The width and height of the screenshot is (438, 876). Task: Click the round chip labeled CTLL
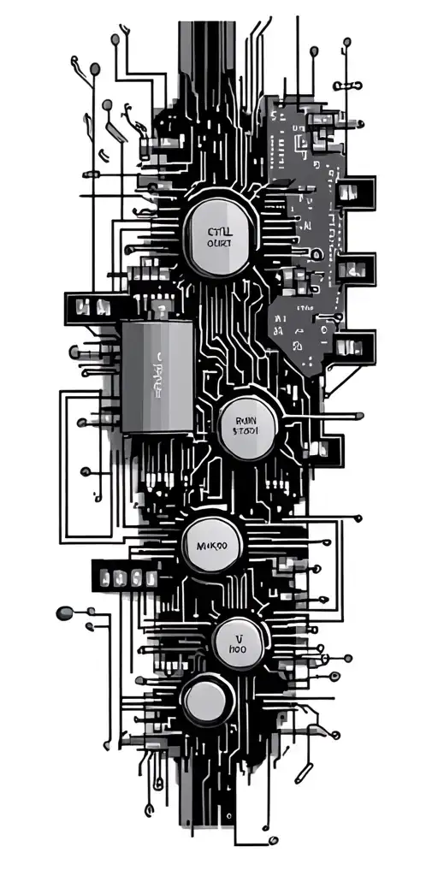220,235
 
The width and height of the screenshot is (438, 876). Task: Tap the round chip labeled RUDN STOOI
248,424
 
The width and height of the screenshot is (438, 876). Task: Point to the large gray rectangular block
157,376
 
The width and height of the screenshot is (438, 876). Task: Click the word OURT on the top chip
220,244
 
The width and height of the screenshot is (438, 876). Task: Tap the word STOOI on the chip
249,432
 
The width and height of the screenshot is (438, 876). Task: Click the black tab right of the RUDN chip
328,447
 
